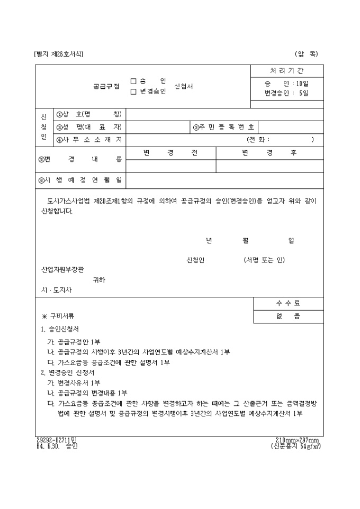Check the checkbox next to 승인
click(133, 81)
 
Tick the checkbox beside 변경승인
click(133, 92)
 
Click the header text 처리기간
click(286, 71)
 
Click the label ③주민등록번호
click(224, 127)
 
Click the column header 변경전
click(170, 152)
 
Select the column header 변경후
click(269, 152)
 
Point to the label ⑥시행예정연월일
click(80, 180)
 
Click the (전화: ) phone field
click(280, 140)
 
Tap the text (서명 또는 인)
click(264, 260)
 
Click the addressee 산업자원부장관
click(62, 269)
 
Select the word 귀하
click(99, 280)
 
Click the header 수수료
click(287, 303)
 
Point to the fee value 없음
click(287, 316)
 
